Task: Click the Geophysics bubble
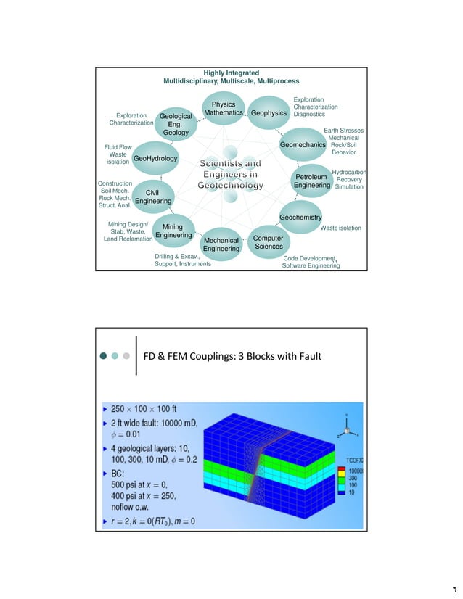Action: (x=269, y=114)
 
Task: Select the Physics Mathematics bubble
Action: (x=223, y=110)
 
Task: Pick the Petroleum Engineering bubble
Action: (x=312, y=181)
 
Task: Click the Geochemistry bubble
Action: (x=300, y=217)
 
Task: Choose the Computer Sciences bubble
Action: (x=269, y=241)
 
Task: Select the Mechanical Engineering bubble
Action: (x=221, y=244)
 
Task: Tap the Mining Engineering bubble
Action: (x=173, y=231)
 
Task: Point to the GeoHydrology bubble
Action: (x=155, y=158)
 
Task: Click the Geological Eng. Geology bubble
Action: (x=176, y=124)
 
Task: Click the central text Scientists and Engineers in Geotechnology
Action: (x=231, y=175)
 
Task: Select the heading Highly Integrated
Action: (x=231, y=73)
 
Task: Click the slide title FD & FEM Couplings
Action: (x=231, y=356)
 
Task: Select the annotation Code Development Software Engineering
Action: (x=311, y=262)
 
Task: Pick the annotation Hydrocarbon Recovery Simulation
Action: (x=349, y=180)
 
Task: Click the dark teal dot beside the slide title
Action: (x=104, y=356)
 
